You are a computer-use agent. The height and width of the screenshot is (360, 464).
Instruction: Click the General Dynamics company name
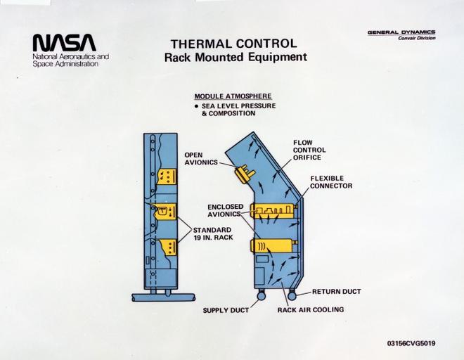point(401,32)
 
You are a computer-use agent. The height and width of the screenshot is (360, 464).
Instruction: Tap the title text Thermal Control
point(233,43)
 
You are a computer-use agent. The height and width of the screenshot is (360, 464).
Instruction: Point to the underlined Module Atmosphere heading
point(233,96)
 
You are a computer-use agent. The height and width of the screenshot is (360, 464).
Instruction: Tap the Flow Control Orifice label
point(308,150)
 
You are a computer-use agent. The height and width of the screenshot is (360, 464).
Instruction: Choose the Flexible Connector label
point(331,182)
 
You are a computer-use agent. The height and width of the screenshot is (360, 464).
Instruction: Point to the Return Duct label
point(335,291)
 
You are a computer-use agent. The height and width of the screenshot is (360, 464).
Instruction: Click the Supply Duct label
point(226,310)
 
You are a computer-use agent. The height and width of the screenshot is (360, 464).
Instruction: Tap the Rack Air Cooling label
point(310,310)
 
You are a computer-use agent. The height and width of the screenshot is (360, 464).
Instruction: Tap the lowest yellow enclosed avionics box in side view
point(269,247)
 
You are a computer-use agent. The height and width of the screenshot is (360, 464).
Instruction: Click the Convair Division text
point(416,39)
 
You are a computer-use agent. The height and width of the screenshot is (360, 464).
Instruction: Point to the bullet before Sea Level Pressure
point(198,105)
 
